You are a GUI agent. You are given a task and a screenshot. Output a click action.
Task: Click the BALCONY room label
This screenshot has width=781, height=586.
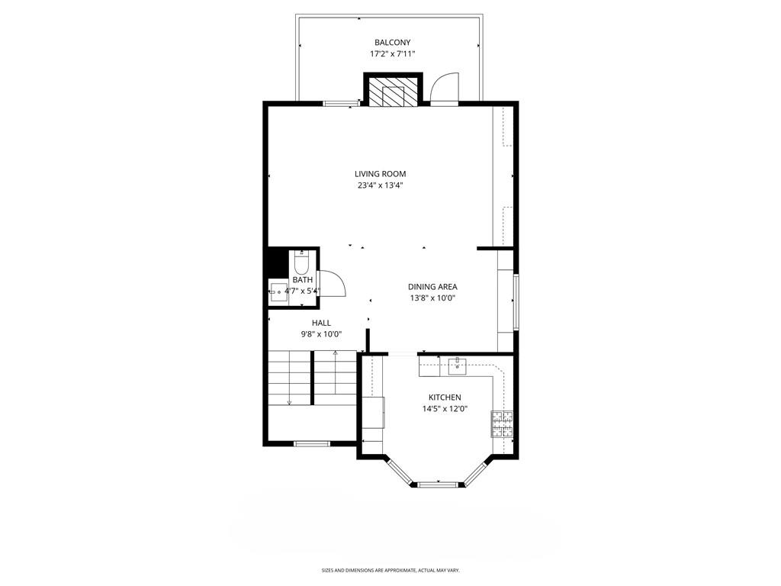393,43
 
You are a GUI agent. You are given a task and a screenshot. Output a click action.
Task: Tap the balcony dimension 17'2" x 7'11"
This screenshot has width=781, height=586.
393,54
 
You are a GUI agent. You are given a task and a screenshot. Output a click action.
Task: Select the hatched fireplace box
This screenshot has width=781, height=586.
394,91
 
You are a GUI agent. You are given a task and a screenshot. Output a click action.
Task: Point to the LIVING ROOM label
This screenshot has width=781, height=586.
380,174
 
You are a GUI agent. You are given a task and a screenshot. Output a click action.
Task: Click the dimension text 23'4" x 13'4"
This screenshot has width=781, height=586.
380,185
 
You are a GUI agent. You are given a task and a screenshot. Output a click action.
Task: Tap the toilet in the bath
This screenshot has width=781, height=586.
302,261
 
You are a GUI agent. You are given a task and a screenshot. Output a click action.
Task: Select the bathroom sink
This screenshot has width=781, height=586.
278,292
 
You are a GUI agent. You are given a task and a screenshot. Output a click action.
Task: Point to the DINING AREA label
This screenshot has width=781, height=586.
432,287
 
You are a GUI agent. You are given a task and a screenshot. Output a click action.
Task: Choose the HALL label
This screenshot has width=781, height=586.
321,323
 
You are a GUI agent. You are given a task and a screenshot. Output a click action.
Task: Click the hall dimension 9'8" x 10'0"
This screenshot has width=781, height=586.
321,334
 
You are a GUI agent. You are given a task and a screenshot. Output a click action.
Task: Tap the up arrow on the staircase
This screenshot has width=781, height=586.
336,372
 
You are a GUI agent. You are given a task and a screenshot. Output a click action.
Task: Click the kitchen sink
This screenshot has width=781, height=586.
458,365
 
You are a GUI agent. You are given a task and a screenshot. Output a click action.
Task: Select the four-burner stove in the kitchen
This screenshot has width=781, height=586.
502,423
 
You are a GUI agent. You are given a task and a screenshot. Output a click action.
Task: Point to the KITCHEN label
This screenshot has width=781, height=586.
445,397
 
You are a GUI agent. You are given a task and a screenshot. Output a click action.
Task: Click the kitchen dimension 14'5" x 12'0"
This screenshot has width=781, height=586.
445,409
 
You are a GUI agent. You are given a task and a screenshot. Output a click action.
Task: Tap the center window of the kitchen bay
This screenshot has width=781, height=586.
439,484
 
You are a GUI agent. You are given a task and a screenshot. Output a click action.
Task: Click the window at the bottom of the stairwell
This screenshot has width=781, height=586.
312,443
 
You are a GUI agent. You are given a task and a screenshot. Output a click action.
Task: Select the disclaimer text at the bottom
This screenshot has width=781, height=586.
390,570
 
